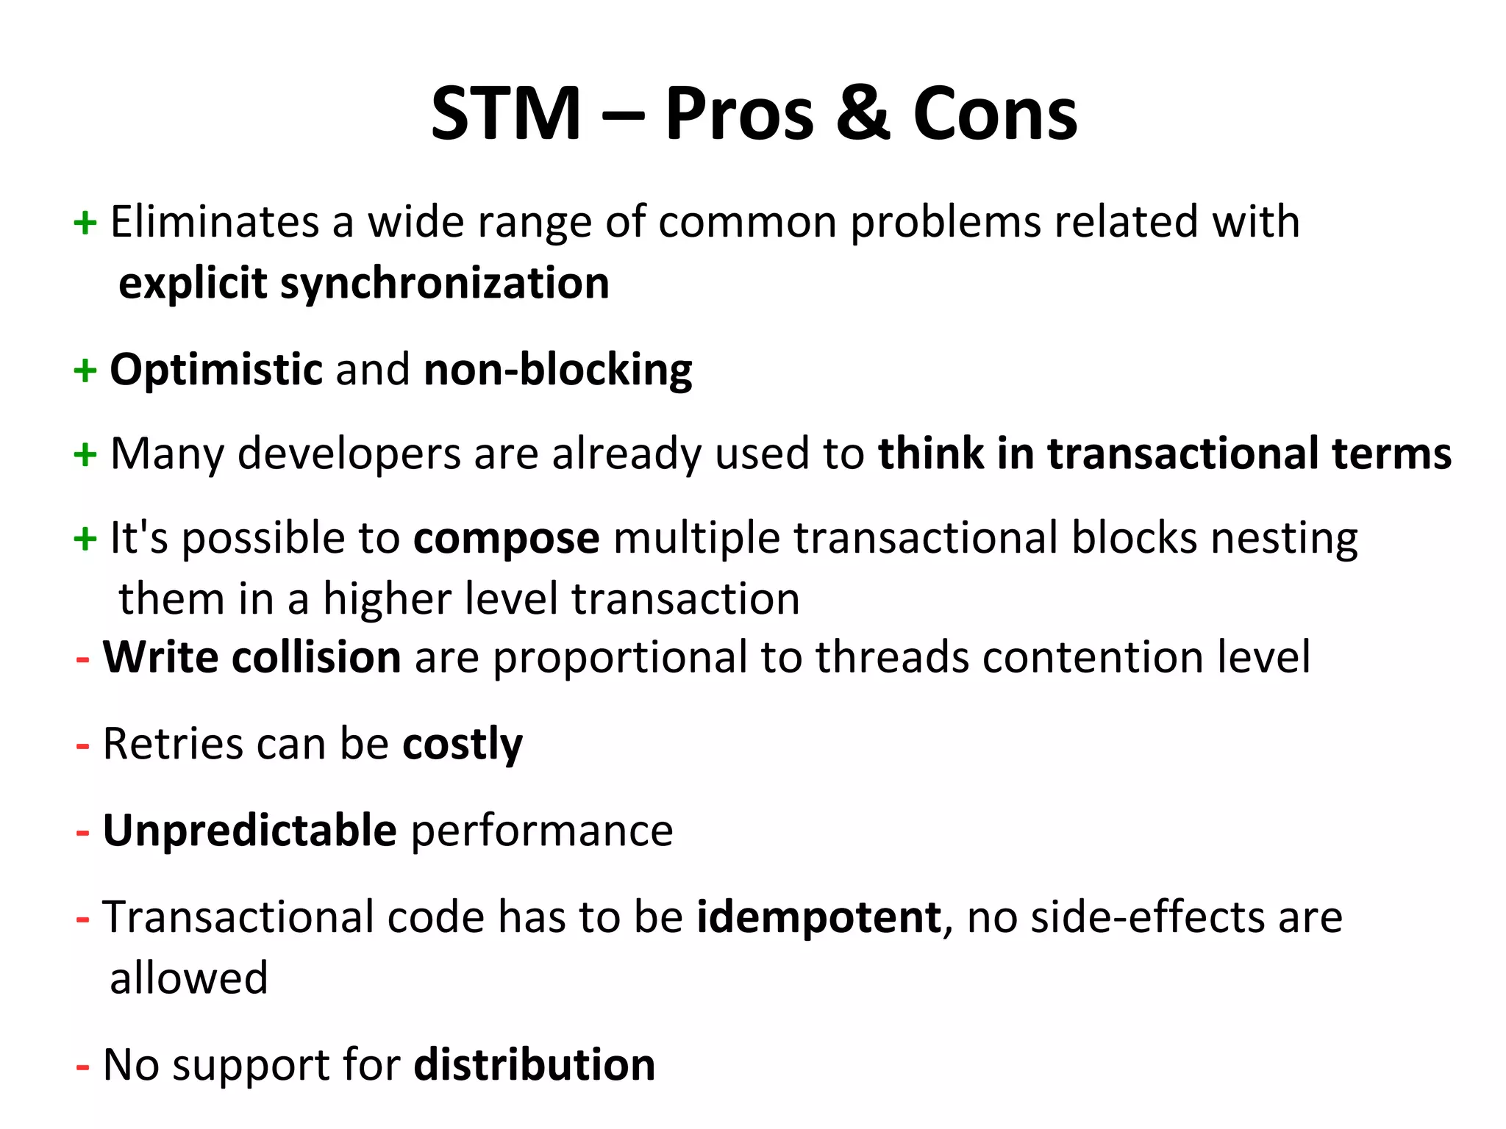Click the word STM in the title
506,114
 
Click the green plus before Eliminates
85,222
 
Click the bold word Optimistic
215,369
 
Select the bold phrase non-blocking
557,369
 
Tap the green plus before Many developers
85,454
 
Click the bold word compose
506,539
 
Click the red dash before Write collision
83,658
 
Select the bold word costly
462,744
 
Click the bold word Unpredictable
249,831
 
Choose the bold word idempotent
818,917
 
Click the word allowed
188,978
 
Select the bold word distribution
534,1064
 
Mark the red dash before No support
83,1066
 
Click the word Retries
173,744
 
